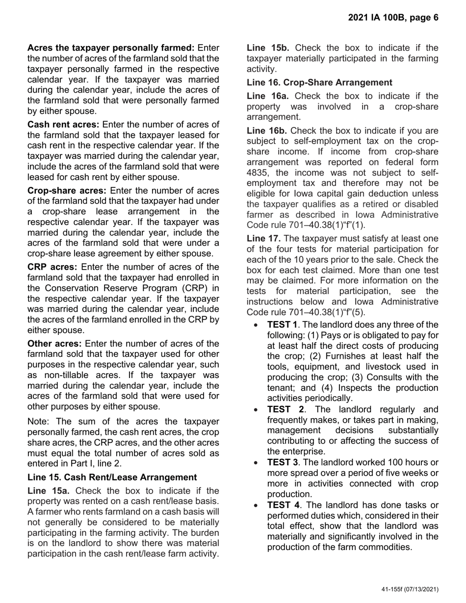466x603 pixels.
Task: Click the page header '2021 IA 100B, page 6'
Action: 393,18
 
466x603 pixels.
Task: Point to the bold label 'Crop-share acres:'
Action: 67,190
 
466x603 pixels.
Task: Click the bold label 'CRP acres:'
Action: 52,267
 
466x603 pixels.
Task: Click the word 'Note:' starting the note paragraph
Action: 38,422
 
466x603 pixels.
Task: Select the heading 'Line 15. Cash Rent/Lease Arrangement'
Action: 112,477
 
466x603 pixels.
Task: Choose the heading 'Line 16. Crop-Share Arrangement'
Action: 319,82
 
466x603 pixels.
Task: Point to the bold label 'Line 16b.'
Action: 268,130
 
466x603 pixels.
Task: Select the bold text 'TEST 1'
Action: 282,325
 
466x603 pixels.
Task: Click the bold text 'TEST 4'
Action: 283,505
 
